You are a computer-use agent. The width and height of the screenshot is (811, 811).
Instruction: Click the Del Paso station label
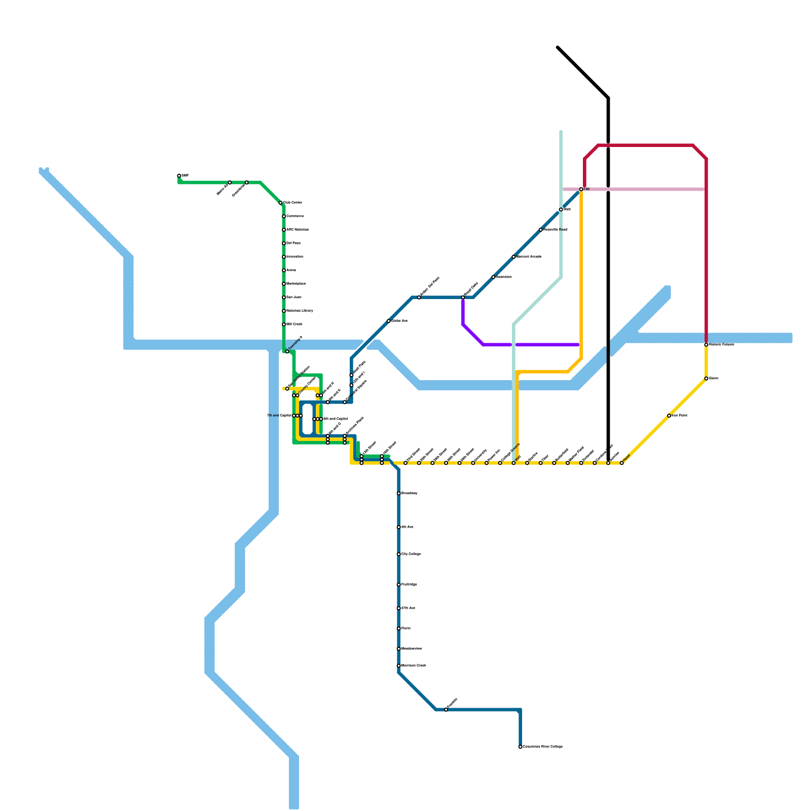(x=293, y=243)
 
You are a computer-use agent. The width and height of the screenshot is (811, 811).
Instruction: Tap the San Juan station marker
(x=284, y=298)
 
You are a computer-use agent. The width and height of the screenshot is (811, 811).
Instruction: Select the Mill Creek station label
(x=295, y=324)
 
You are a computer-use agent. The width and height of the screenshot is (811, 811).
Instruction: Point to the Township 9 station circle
(x=287, y=351)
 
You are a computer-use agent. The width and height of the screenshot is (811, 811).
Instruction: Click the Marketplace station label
(x=296, y=284)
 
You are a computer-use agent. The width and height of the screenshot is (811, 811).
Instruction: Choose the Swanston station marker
(x=493, y=277)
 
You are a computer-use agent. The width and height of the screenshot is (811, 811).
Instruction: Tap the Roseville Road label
(x=555, y=230)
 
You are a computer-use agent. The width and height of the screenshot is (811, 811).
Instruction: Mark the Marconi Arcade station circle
(x=513, y=257)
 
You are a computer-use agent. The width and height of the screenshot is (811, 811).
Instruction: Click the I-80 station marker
(x=581, y=189)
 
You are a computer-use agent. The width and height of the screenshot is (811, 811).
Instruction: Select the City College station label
(x=411, y=555)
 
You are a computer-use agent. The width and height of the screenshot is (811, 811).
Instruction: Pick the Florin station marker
(x=399, y=629)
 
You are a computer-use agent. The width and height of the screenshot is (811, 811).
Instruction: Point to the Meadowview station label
(x=412, y=649)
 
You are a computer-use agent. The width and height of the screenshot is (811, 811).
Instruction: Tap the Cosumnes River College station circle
(x=521, y=747)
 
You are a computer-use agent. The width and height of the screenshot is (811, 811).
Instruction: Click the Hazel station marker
(x=622, y=463)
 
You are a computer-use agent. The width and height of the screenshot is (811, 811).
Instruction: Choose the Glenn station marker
(x=706, y=379)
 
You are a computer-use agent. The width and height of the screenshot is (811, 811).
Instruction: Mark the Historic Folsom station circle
(x=706, y=345)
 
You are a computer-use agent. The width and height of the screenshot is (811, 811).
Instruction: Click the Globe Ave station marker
(x=389, y=321)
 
